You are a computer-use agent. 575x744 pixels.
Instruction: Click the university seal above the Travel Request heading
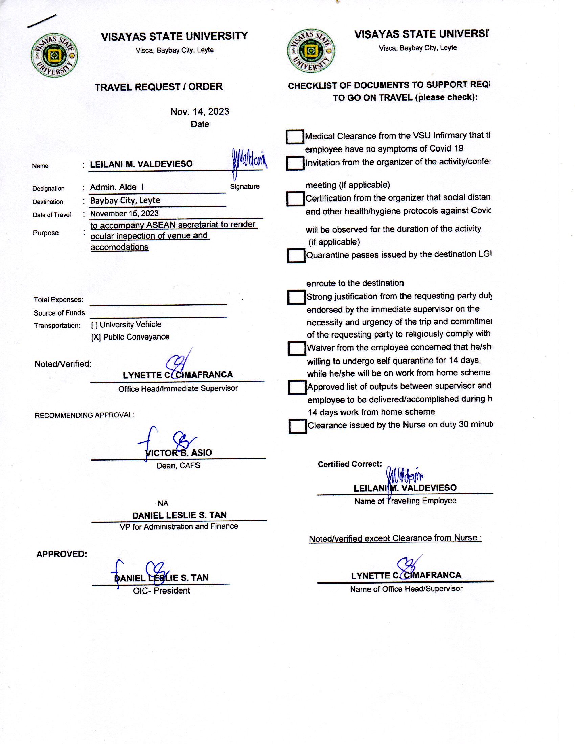pos(54,55)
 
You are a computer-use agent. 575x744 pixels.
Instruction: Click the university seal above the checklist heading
pos(310,51)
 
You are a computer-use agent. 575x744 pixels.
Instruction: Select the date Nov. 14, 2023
pos(200,112)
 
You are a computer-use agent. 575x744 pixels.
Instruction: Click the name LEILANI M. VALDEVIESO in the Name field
pos(141,164)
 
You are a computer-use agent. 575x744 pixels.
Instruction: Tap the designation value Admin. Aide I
pos(117,187)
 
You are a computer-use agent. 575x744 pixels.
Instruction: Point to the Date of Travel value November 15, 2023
pos(124,214)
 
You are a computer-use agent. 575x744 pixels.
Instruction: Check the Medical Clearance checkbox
pos(295,137)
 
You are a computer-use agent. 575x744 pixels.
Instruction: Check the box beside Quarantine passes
pos(296,255)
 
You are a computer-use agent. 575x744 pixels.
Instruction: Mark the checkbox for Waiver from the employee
pos(296,348)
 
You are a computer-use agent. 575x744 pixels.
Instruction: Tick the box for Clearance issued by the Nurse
pos(297,426)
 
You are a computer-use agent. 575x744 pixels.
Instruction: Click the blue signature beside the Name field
pos(249,161)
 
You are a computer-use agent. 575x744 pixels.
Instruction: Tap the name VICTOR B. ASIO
pos(179,452)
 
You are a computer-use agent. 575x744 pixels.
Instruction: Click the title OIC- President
pos(161,591)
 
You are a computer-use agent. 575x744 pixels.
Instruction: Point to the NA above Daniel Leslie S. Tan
pos(163,503)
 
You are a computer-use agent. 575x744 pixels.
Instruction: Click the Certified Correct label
pos(349,464)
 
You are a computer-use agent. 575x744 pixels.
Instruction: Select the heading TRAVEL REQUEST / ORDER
pos(158,87)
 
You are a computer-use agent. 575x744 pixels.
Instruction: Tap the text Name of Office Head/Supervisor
pos(406,589)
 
